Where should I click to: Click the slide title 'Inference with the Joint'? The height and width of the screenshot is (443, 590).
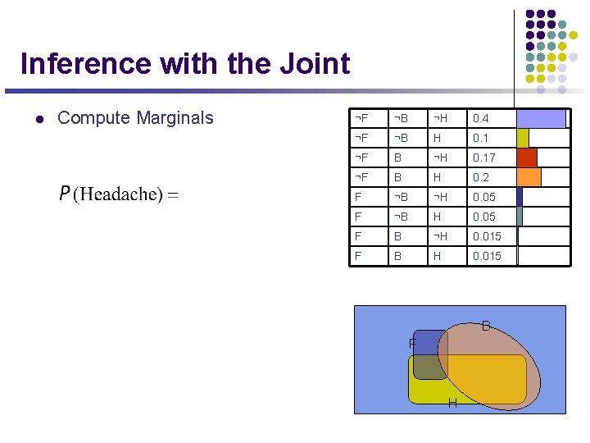[x=184, y=63]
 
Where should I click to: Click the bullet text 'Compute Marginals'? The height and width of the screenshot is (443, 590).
[x=135, y=118]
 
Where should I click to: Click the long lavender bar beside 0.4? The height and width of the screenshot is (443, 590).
[x=541, y=119]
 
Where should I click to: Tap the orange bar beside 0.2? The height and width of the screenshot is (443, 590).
[x=529, y=177]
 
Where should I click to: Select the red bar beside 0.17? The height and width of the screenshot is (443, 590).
[x=527, y=158]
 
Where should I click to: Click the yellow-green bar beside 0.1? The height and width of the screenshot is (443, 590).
[x=523, y=138]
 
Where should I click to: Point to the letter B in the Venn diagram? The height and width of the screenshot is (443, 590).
[x=486, y=327]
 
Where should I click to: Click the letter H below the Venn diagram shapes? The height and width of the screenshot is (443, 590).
[x=452, y=403]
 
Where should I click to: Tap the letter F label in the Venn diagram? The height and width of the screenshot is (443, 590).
[x=412, y=343]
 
